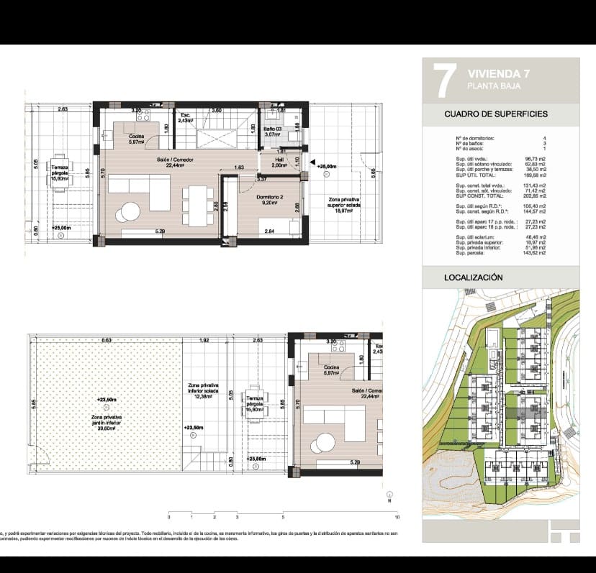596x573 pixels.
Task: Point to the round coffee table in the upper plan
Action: click(130, 212)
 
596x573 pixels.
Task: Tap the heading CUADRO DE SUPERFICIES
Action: click(495, 114)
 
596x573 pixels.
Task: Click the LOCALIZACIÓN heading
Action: click(473, 277)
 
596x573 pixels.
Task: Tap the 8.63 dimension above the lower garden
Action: click(106, 340)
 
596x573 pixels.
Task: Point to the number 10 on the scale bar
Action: click(397, 517)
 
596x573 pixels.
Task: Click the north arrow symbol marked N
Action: click(389, 495)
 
